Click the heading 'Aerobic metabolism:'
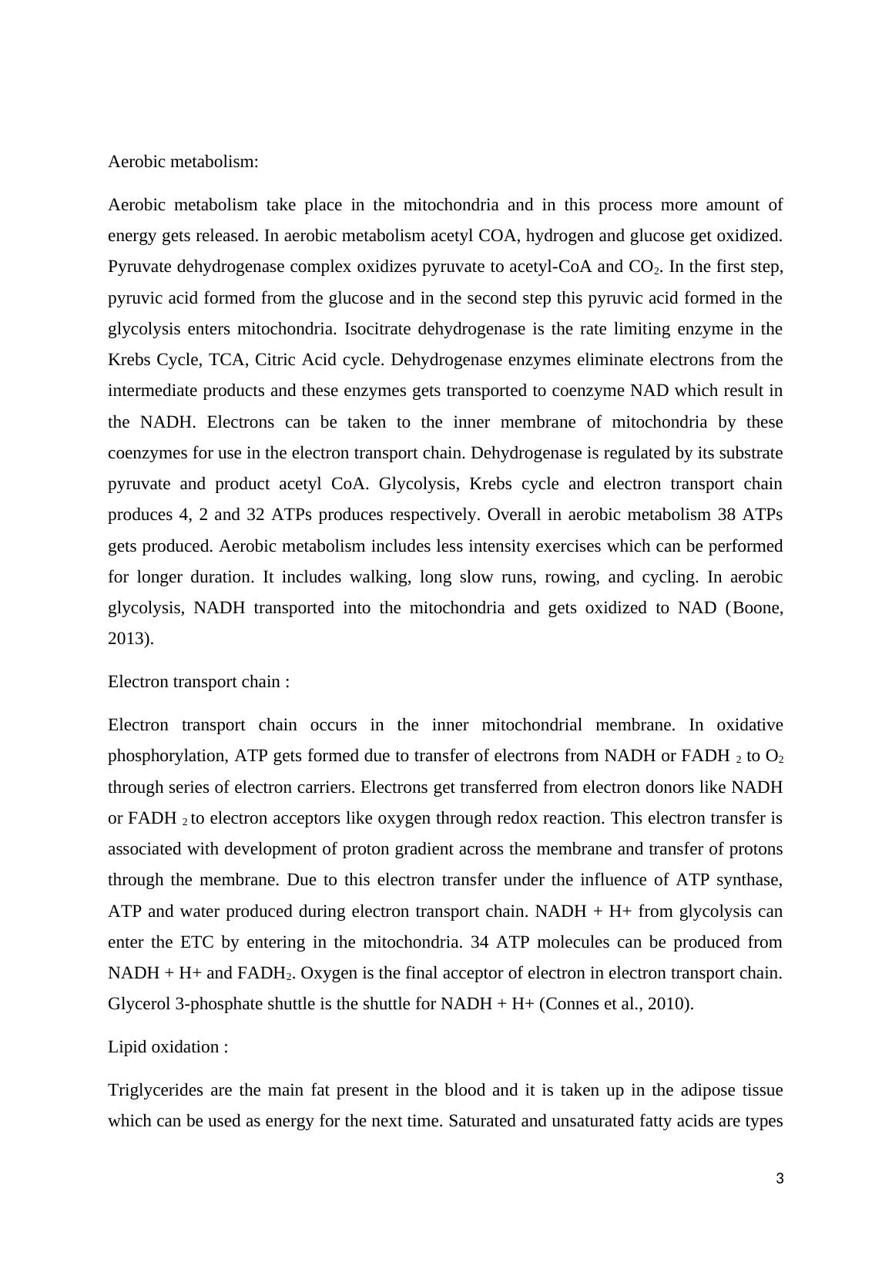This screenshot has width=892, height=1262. [x=183, y=162]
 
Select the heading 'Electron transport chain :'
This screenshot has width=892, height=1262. [x=199, y=682]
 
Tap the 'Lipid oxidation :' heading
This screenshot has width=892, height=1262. [x=168, y=1047]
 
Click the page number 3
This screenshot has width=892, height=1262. [x=780, y=1179]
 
